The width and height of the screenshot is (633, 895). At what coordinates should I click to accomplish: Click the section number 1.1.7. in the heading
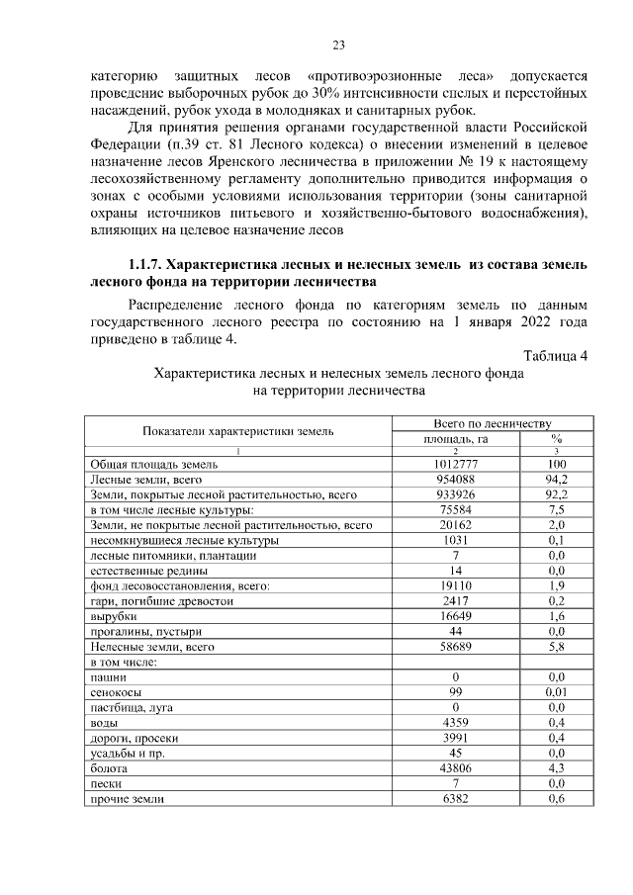[x=145, y=265]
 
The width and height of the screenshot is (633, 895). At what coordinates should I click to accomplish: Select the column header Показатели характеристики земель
[x=238, y=431]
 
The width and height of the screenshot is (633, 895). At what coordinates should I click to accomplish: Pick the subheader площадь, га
[x=455, y=438]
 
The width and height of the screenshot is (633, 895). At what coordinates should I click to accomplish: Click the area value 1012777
[x=455, y=464]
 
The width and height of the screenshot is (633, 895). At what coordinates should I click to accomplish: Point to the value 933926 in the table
[x=455, y=493]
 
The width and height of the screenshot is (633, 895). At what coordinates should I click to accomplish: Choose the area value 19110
[x=455, y=585]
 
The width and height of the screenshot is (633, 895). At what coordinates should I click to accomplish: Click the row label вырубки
[x=113, y=616]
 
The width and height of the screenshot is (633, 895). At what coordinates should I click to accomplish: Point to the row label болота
[x=109, y=768]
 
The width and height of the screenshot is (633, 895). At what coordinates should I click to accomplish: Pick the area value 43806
[x=455, y=768]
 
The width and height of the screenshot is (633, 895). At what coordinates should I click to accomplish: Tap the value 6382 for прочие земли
[x=455, y=799]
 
